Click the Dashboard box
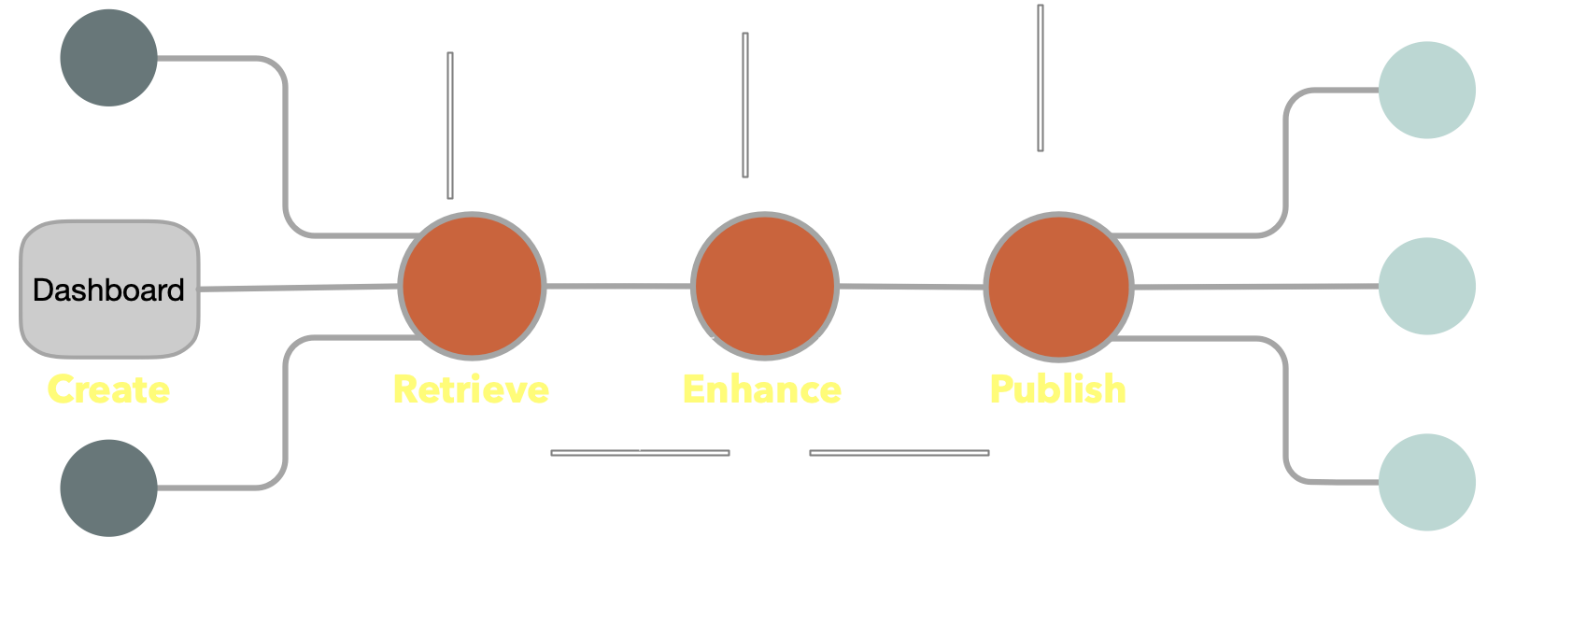(x=109, y=290)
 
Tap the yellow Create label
(x=108, y=389)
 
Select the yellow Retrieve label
(x=471, y=389)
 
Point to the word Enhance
(x=762, y=389)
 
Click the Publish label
(x=1057, y=389)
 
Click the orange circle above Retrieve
(x=473, y=286)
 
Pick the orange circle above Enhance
(x=765, y=286)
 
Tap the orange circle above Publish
(x=1058, y=286)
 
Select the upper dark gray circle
(x=108, y=58)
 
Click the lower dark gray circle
(x=108, y=488)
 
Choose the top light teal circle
(x=1426, y=90)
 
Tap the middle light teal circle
(x=1426, y=286)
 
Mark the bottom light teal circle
(x=1426, y=482)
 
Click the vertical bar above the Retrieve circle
(x=450, y=125)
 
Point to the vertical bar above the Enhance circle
(x=745, y=105)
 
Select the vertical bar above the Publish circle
(x=1040, y=78)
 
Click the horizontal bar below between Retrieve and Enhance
(x=640, y=453)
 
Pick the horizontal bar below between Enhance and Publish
(x=899, y=453)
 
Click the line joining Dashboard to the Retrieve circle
(x=299, y=287)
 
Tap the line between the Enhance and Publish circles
(x=912, y=287)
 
